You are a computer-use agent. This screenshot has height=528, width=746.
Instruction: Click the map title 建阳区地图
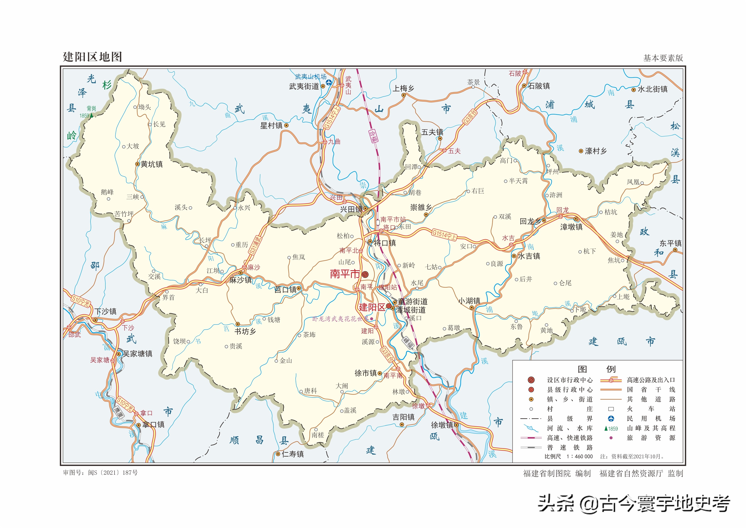(x=92, y=57)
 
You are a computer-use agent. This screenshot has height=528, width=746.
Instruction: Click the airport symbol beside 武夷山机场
(x=329, y=83)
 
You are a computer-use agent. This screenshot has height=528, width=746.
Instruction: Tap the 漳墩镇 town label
(x=571, y=227)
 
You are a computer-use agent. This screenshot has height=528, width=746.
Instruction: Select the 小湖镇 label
(x=469, y=301)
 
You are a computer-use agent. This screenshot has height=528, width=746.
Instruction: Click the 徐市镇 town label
(x=366, y=373)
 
